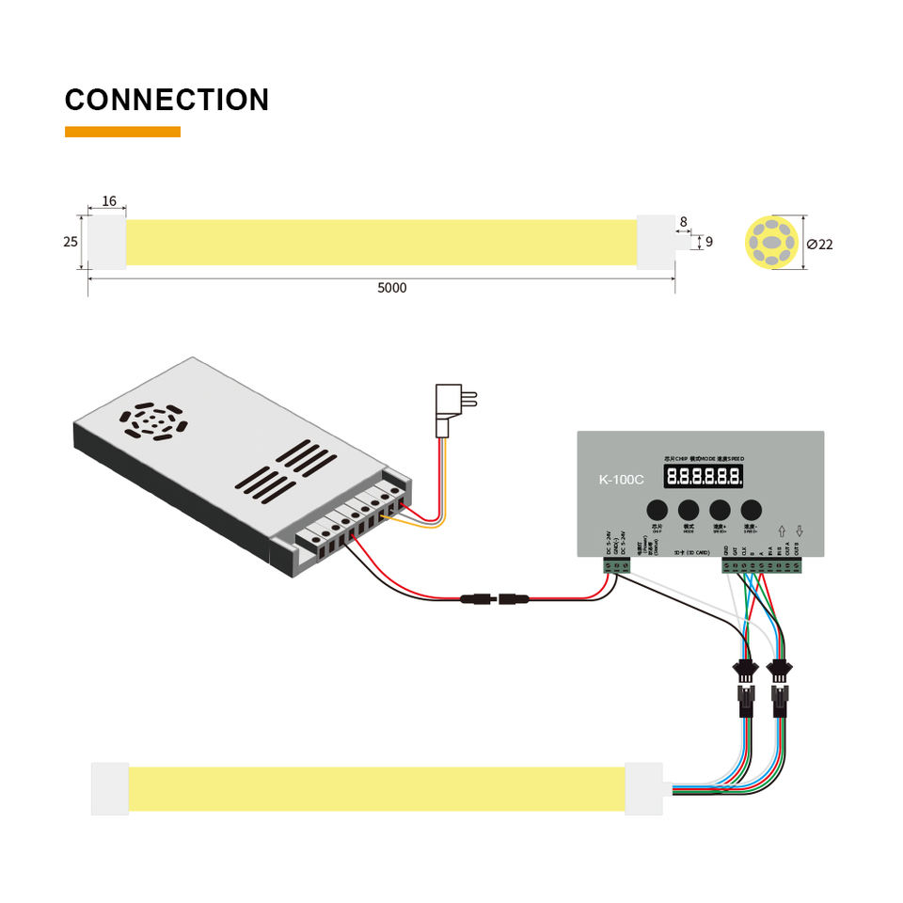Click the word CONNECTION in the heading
[166, 100]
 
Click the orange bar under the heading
[122, 132]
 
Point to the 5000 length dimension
[392, 288]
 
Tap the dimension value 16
[109, 201]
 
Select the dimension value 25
[71, 242]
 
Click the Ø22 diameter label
[820, 245]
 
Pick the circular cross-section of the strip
[771, 244]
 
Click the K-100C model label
[621, 480]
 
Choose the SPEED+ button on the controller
[721, 513]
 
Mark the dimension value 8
[684, 223]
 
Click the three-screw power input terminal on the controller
[617, 565]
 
